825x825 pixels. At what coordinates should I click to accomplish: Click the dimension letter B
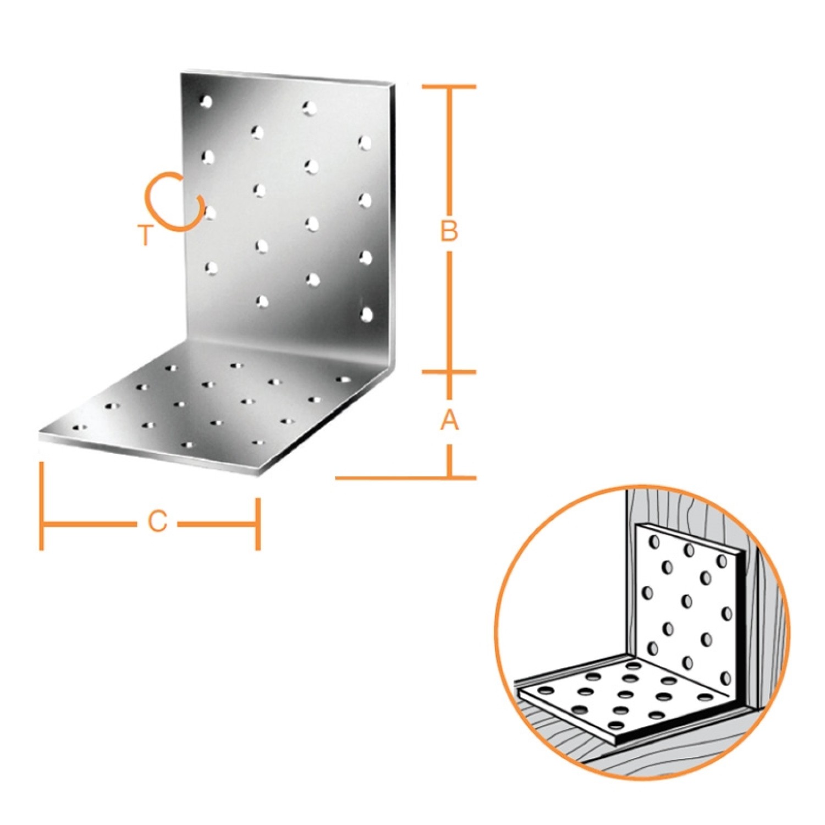click(x=449, y=232)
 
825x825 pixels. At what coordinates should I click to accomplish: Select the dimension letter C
click(x=157, y=521)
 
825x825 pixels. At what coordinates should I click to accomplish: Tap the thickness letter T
click(x=145, y=235)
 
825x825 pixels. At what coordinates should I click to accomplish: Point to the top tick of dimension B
click(x=449, y=87)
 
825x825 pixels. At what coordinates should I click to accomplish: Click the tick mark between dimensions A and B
click(x=449, y=372)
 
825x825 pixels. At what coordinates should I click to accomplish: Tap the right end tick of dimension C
click(x=257, y=524)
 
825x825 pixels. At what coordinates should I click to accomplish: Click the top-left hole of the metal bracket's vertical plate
click(x=207, y=102)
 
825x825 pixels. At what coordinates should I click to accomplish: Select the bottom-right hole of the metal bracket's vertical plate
click(x=366, y=314)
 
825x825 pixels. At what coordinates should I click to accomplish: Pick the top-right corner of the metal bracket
click(x=395, y=84)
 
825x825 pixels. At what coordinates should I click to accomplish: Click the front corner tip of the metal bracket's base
click(x=263, y=474)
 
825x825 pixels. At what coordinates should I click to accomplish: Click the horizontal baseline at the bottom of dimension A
click(x=406, y=477)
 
